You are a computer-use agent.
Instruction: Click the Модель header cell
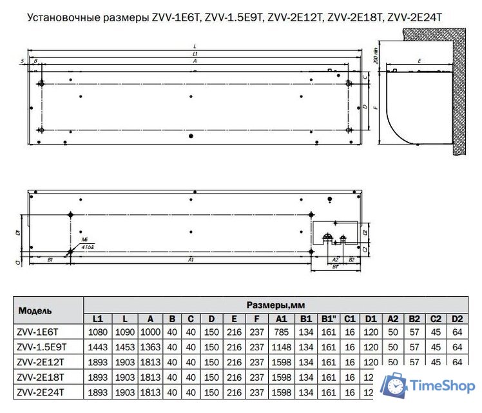(x=35, y=310)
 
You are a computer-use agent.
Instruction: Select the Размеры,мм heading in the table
(x=276, y=304)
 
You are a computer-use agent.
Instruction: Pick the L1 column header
(x=97, y=319)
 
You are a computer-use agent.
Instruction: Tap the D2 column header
(x=457, y=319)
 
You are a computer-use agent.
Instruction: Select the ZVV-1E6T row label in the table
(x=38, y=331)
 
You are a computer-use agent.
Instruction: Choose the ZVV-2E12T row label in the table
(x=40, y=362)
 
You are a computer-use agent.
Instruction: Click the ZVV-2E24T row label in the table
(x=40, y=392)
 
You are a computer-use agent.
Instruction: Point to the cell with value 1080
(x=97, y=331)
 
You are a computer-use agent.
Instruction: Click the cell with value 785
(x=282, y=331)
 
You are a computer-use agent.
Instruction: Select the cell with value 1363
(x=149, y=347)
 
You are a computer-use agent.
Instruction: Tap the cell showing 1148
(x=282, y=347)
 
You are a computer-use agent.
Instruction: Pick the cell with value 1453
(x=124, y=347)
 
